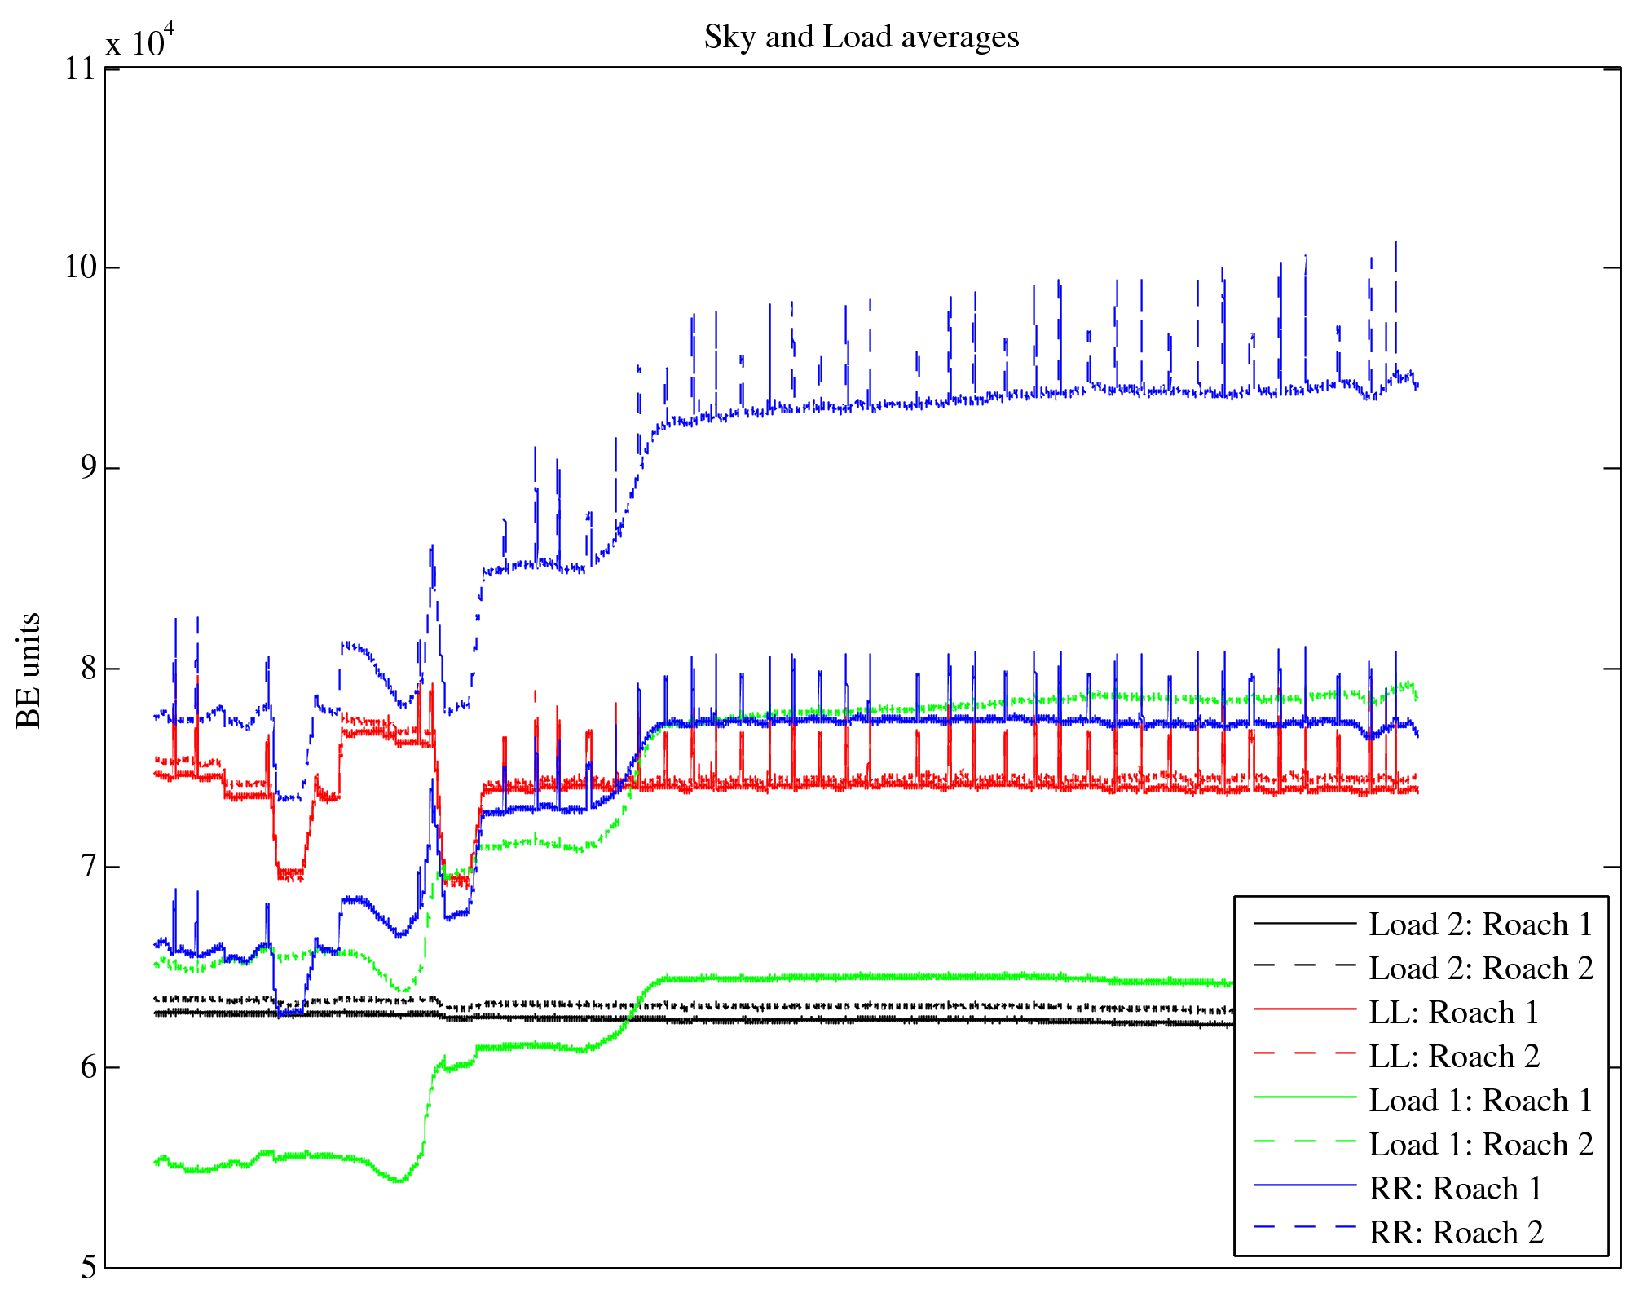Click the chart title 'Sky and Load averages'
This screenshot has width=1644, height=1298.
click(861, 38)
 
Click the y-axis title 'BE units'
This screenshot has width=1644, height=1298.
click(29, 669)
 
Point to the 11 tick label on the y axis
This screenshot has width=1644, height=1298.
click(81, 68)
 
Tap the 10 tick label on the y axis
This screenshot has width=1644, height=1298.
click(81, 267)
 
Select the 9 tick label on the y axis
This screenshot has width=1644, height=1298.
click(86, 468)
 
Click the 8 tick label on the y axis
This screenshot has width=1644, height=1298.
click(86, 669)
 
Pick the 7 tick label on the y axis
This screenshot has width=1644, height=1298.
click(86, 868)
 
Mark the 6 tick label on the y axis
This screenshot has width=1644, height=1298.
click(86, 1068)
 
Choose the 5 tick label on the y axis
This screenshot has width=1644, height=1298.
click(87, 1268)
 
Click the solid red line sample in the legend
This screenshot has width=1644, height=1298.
click(1304, 1009)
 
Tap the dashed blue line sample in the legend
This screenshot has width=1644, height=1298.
click(1304, 1226)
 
